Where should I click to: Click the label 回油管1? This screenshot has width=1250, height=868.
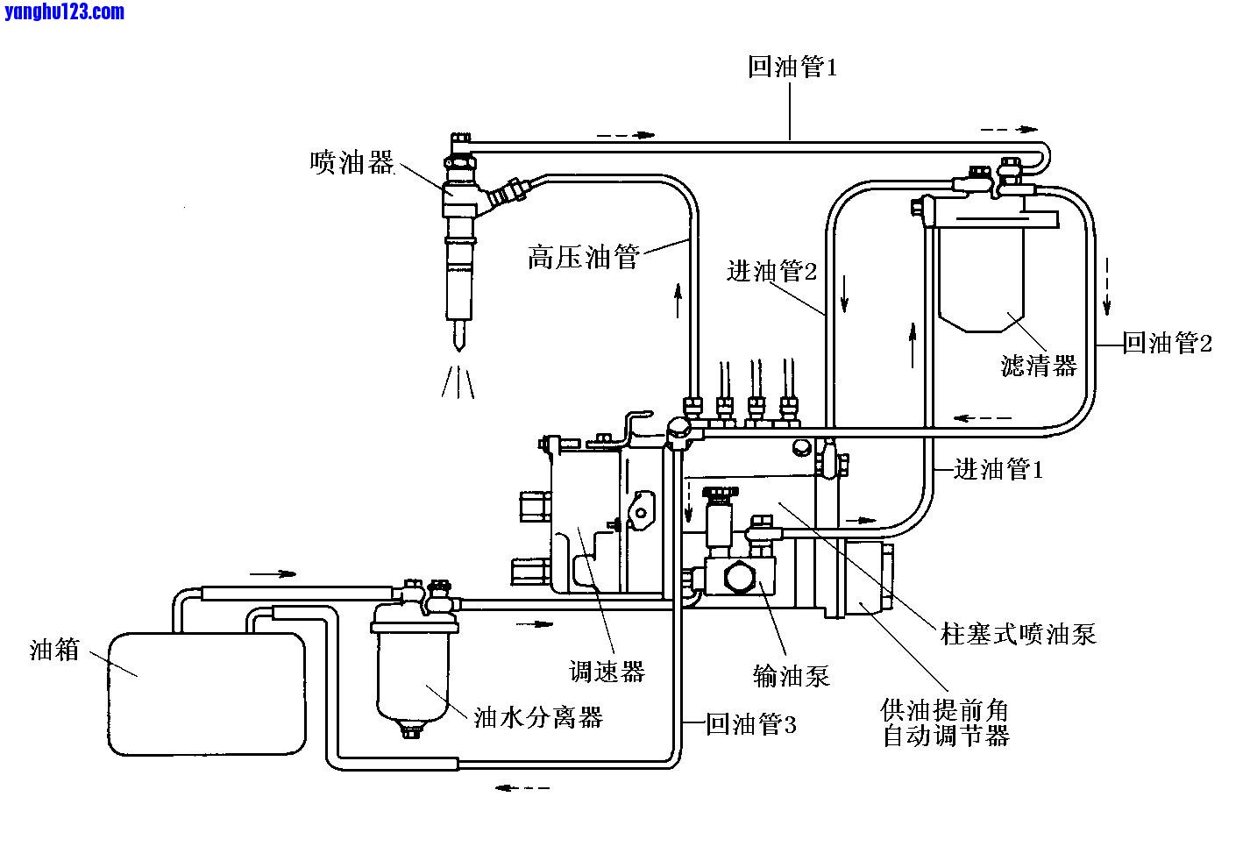click(792, 68)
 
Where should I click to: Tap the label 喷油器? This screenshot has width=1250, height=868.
click(352, 162)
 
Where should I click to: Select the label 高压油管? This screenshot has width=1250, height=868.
click(583, 258)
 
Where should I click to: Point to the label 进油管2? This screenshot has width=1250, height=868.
click(771, 272)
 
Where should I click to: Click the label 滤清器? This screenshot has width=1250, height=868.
click(1039, 365)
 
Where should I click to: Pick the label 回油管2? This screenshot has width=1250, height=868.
click(1168, 344)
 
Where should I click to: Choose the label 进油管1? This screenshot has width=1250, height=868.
click(998, 470)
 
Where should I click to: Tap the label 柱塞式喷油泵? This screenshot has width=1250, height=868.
click(1018, 633)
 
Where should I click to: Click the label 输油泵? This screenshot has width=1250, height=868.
click(791, 675)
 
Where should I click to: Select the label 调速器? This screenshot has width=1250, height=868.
click(607, 672)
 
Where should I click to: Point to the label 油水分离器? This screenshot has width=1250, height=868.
click(538, 718)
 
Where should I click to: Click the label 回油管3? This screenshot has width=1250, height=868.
click(751, 724)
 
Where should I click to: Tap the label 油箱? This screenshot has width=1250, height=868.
click(54, 650)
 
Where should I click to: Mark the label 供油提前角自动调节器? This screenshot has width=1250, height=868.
click(946, 722)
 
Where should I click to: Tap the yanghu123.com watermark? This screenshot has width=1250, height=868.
click(64, 12)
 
